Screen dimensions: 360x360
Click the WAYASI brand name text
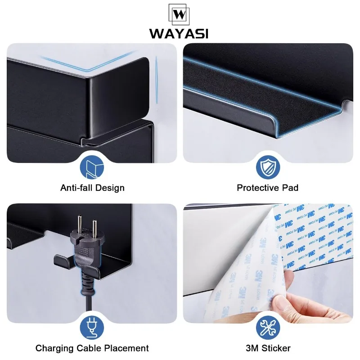[x=180, y=34]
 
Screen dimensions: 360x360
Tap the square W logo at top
[x=180, y=14]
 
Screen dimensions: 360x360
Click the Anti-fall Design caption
[x=92, y=188]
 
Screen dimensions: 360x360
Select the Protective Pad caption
[x=267, y=188]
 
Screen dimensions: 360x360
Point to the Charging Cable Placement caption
[x=92, y=348]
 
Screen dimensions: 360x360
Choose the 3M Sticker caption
[x=267, y=348]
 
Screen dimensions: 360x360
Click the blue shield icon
[x=267, y=168]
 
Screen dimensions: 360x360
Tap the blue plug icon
[x=92, y=328]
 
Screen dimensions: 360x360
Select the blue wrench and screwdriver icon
[x=267, y=328]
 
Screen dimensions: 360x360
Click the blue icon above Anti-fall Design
[x=92, y=168]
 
